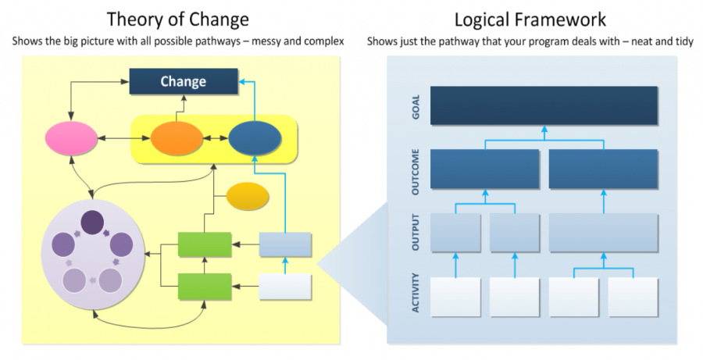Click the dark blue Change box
coord(183,81)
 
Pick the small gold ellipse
coord(248,197)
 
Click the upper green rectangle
coord(205,244)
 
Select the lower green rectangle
coord(205,287)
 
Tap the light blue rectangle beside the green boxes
coord(285,244)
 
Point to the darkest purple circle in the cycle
coord(93,223)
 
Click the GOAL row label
coord(416,105)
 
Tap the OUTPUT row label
coord(416,232)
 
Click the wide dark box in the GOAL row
coord(544,106)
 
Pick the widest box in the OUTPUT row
coord(603,232)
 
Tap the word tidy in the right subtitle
coord(682,41)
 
